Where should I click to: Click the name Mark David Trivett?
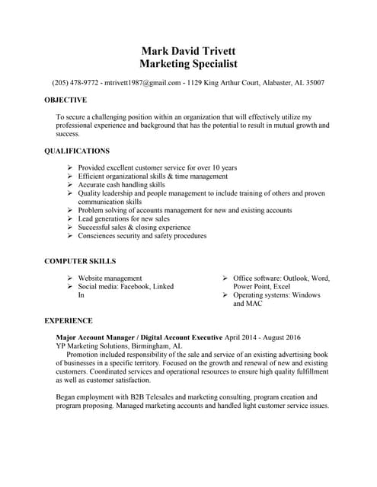click(x=189, y=50)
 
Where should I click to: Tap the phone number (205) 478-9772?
click(x=75, y=82)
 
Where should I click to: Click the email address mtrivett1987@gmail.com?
click(x=143, y=82)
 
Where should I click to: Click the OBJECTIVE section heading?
click(x=65, y=100)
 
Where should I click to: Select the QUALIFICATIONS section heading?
click(x=77, y=151)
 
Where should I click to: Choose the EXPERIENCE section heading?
click(x=69, y=320)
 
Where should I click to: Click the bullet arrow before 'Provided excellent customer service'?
click(x=70, y=167)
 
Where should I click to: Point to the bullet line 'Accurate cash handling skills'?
click(x=121, y=184)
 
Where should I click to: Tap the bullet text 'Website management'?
click(x=110, y=278)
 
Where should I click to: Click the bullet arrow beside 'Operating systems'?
click(x=225, y=294)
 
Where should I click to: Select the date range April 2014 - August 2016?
click(x=263, y=336)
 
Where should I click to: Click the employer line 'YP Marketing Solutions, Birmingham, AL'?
click(x=120, y=345)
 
